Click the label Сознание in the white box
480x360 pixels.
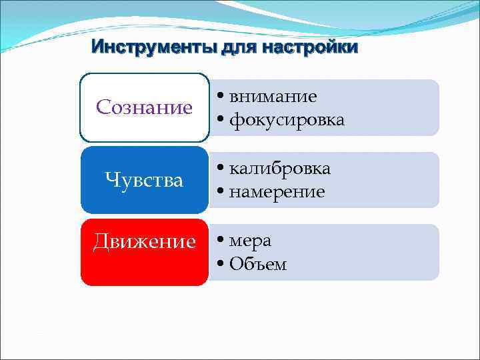tap(144, 107)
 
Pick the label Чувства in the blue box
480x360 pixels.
tap(144, 180)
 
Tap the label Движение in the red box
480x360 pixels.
tap(144, 241)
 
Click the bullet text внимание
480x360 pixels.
tap(273, 96)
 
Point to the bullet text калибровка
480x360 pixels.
tap(279, 168)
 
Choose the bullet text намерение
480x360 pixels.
tap(277, 192)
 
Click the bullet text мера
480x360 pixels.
tap(250, 240)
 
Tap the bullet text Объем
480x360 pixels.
tap(258, 264)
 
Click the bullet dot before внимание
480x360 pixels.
tap(221, 97)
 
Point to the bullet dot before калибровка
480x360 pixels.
tap(221, 169)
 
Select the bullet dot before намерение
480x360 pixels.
tap(221, 193)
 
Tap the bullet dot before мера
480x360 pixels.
tap(221, 241)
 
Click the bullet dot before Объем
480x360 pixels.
tap(221, 265)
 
